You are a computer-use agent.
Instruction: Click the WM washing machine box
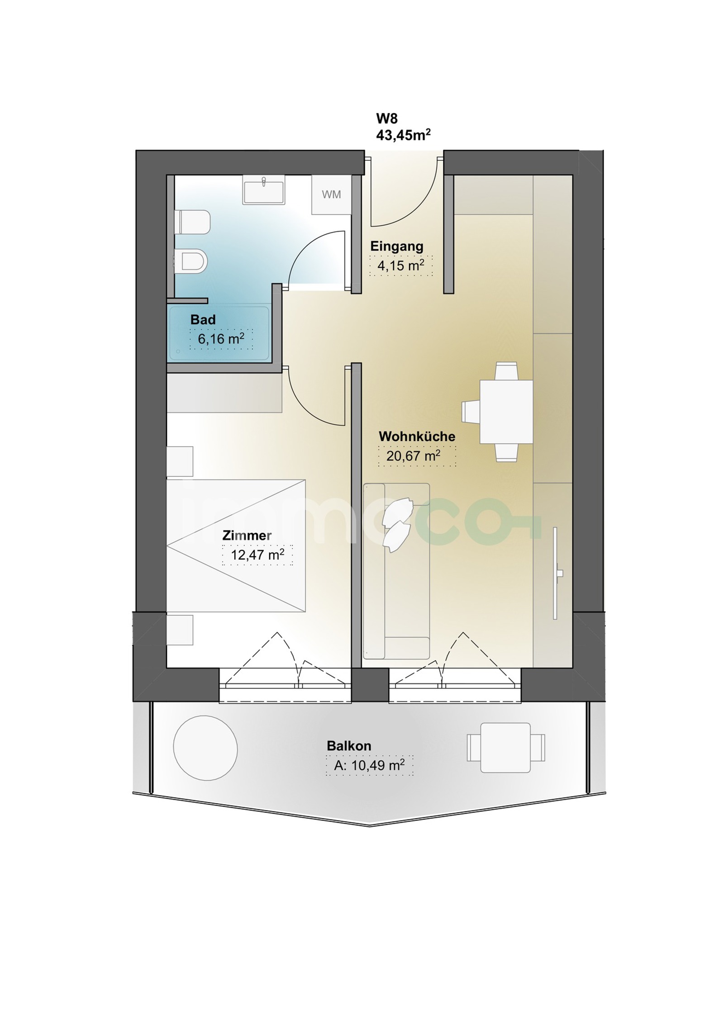coord(332,194)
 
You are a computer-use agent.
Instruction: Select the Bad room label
coord(203,320)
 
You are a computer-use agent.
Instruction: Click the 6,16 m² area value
coord(221,338)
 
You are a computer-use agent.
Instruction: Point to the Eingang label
coord(397,247)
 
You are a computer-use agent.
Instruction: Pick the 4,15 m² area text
coord(401,265)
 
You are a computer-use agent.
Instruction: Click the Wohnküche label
coord(417,436)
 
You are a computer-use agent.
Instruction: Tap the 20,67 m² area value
coord(413,455)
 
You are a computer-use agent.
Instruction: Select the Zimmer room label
coord(247,536)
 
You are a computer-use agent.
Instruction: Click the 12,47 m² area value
coord(257,555)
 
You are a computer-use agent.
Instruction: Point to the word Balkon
coord(349,746)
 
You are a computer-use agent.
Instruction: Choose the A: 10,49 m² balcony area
coord(369,765)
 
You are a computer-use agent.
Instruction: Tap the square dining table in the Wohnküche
coord(506,412)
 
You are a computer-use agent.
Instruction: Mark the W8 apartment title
coord(386,119)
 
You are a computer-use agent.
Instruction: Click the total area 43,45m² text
coord(403,135)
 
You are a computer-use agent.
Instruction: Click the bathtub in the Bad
coord(219,333)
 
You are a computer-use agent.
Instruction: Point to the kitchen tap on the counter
coord(559,574)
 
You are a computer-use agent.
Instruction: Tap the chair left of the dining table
coord(471,412)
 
